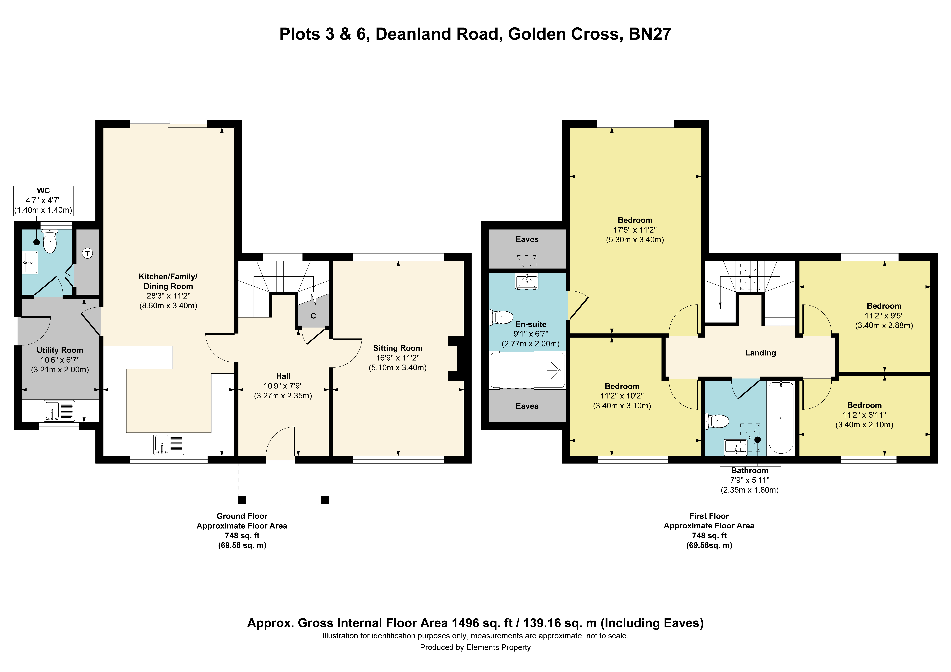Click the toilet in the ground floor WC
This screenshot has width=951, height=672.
pos(50,242)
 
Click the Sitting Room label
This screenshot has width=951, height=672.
pos(398,348)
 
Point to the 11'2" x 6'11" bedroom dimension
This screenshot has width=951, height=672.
pos(864,415)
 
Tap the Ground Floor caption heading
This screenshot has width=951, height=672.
pos(242,516)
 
